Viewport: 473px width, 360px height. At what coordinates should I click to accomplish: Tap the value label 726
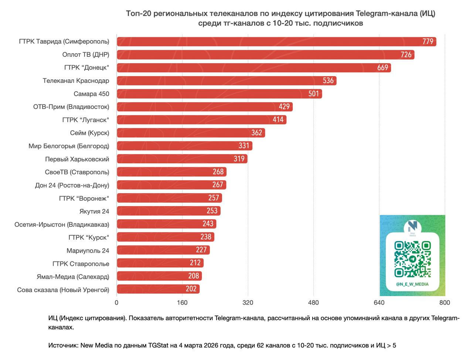406,55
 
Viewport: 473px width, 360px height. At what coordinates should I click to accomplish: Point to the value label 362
256,133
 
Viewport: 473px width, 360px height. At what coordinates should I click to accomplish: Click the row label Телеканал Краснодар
76,81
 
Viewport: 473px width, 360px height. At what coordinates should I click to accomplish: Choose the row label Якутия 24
94,212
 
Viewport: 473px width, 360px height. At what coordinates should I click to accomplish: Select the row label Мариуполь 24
88,251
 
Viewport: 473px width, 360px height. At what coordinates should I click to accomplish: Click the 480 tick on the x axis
313,303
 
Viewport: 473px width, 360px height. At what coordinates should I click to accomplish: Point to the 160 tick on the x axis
182,303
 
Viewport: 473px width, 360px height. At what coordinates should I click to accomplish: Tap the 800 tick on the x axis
445,303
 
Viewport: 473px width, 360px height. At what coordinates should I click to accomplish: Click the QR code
412,259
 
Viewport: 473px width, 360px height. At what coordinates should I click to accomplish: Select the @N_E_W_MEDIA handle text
412,284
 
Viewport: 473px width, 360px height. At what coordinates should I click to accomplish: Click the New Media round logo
412,226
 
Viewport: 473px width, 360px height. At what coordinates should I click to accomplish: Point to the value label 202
191,289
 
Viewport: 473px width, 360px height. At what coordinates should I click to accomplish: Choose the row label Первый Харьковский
77,160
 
